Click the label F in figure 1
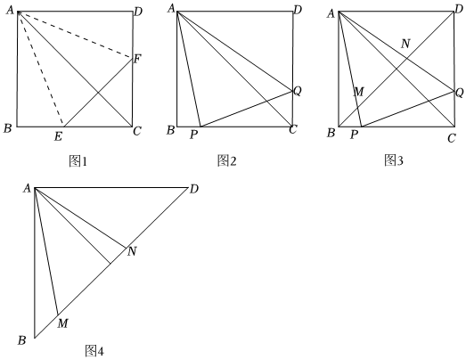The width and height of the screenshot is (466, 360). click(x=137, y=59)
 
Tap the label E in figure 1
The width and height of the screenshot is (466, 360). click(x=58, y=136)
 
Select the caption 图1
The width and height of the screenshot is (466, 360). click(x=78, y=161)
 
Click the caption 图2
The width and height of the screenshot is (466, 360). click(x=226, y=160)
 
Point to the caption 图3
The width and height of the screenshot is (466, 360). click(x=394, y=160)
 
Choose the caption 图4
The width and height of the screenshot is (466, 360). click(x=94, y=351)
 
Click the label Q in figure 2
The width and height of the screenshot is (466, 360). click(x=298, y=91)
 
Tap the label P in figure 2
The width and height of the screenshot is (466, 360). click(x=193, y=135)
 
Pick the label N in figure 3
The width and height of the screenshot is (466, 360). click(x=405, y=44)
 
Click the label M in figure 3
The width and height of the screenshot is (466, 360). click(x=359, y=92)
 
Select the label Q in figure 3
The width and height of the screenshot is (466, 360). click(x=460, y=93)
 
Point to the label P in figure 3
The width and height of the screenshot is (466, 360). click(x=354, y=135)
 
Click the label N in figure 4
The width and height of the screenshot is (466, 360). click(x=132, y=252)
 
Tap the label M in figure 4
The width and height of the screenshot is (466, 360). click(x=62, y=323)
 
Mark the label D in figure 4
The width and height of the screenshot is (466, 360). click(x=193, y=189)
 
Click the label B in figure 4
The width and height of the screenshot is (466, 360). click(x=21, y=340)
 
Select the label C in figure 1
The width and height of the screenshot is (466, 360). click(x=136, y=131)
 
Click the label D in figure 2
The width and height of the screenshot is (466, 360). click(x=298, y=10)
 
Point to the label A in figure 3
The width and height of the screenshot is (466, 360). click(x=331, y=13)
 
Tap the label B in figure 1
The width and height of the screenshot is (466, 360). click(x=7, y=128)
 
